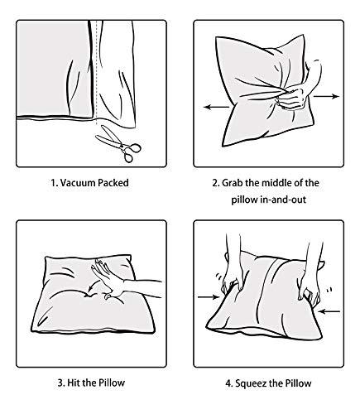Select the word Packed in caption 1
(x=113, y=183)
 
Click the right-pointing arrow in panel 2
(x=326, y=96)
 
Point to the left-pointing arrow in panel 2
(x=217, y=107)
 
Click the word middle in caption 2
(x=276, y=183)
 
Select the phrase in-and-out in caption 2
(x=283, y=200)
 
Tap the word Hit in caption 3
(x=74, y=383)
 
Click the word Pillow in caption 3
(x=112, y=383)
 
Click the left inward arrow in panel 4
(x=209, y=297)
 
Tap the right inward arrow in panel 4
(x=329, y=311)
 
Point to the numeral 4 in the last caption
(x=228, y=383)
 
